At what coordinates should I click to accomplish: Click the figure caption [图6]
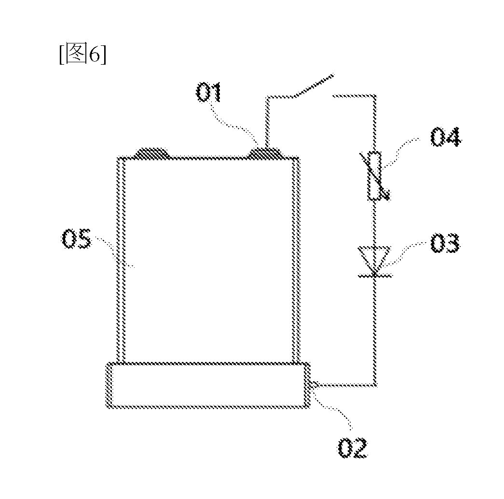(82, 54)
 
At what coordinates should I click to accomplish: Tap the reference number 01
(209, 92)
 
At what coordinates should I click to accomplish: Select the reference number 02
(352, 447)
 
